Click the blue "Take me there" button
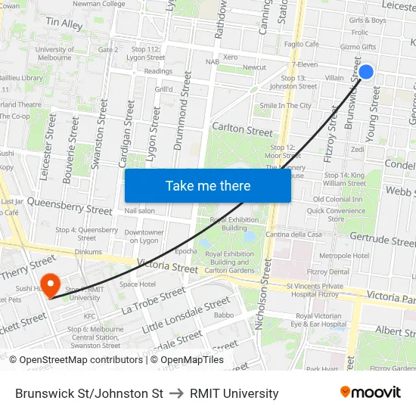pos(208,186)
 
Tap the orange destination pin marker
pos(51,286)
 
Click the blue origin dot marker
pos(366,72)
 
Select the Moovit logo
pos(371,393)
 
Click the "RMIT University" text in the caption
pos(234,393)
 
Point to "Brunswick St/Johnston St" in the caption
pos(89,393)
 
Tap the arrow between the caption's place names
pos(177,393)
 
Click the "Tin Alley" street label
pos(64,24)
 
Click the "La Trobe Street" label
pos(153,300)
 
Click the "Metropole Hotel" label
pos(345,256)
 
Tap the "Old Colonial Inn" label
pos(337,199)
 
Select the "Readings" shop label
pos(158,71)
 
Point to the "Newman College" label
pos(98,4)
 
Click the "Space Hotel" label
pos(137,284)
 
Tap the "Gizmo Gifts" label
pos(358,46)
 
